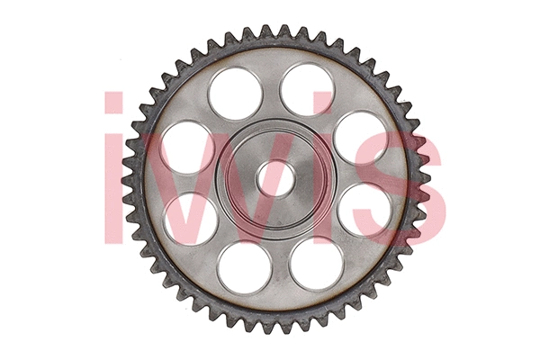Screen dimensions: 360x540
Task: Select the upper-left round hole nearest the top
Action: [236, 94]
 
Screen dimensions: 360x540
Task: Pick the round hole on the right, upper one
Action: [360, 137]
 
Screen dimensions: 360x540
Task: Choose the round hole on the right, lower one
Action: [364, 210]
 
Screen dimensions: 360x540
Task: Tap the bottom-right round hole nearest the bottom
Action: [316, 264]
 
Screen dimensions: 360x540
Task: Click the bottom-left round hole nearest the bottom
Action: [245, 267]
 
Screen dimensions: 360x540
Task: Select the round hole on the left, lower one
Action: [190, 220]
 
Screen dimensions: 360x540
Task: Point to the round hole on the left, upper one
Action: [187, 148]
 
